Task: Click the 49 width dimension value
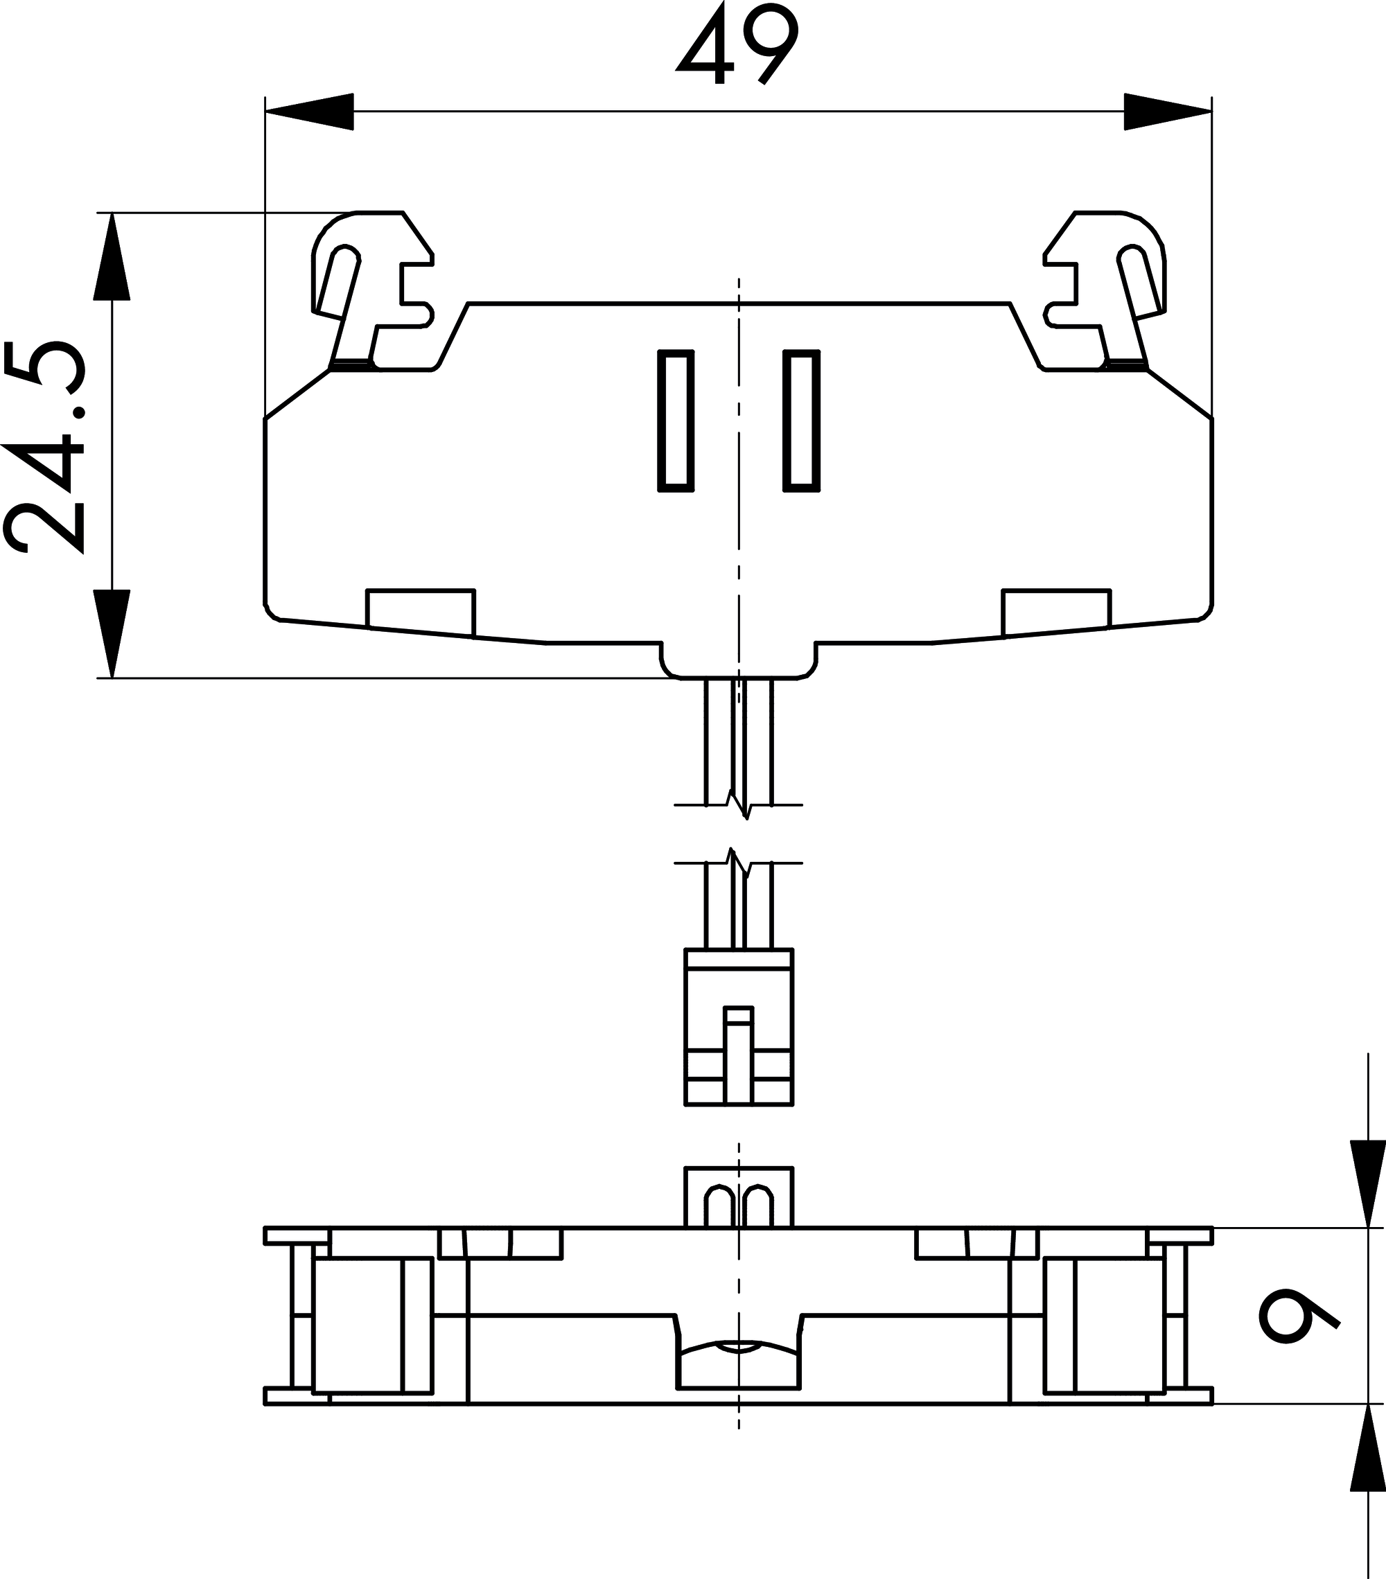[x=738, y=42]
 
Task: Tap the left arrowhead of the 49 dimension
[x=309, y=112]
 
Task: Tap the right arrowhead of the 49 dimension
[x=1168, y=112]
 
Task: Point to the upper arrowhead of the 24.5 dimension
[x=112, y=256]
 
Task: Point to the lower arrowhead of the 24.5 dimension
[x=112, y=634]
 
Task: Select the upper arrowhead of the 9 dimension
[x=1368, y=1183]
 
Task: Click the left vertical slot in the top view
[x=676, y=421]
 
